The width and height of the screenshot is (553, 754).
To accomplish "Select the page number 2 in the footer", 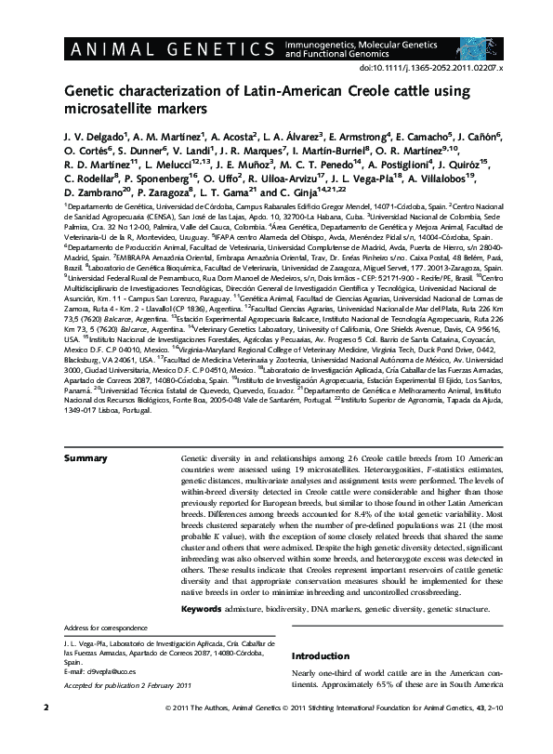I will click(x=46, y=734).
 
